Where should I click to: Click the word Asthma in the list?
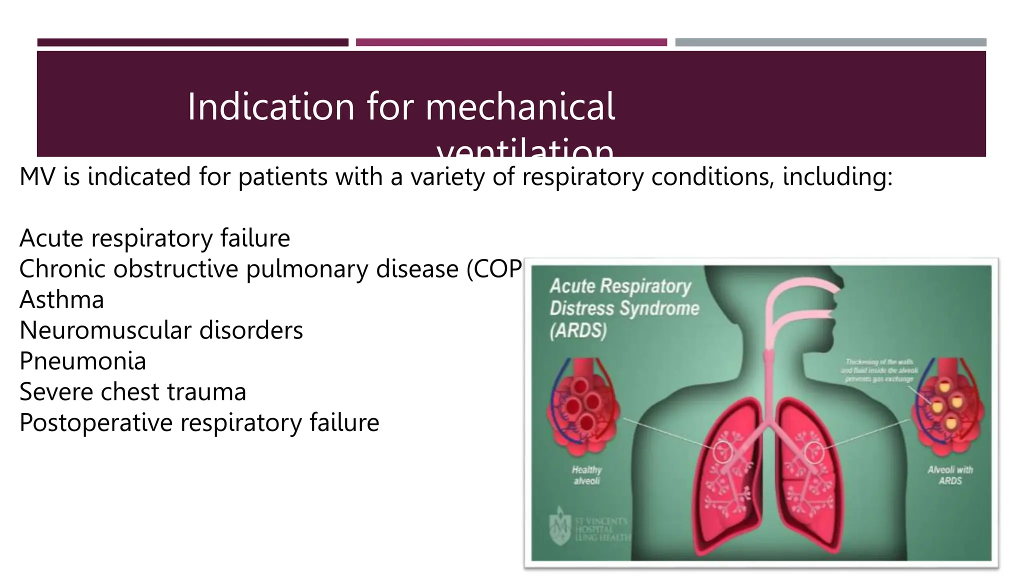click(61, 300)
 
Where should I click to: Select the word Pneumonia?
click(82, 361)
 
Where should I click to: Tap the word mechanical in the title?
click(520, 106)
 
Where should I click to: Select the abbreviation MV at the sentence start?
click(37, 177)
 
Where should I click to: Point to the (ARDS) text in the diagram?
click(578, 330)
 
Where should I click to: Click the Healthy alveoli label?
click(587, 475)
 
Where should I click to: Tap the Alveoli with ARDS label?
click(950, 475)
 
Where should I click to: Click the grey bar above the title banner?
click(830, 42)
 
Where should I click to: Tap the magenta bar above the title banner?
click(511, 42)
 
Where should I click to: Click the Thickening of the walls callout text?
click(879, 370)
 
